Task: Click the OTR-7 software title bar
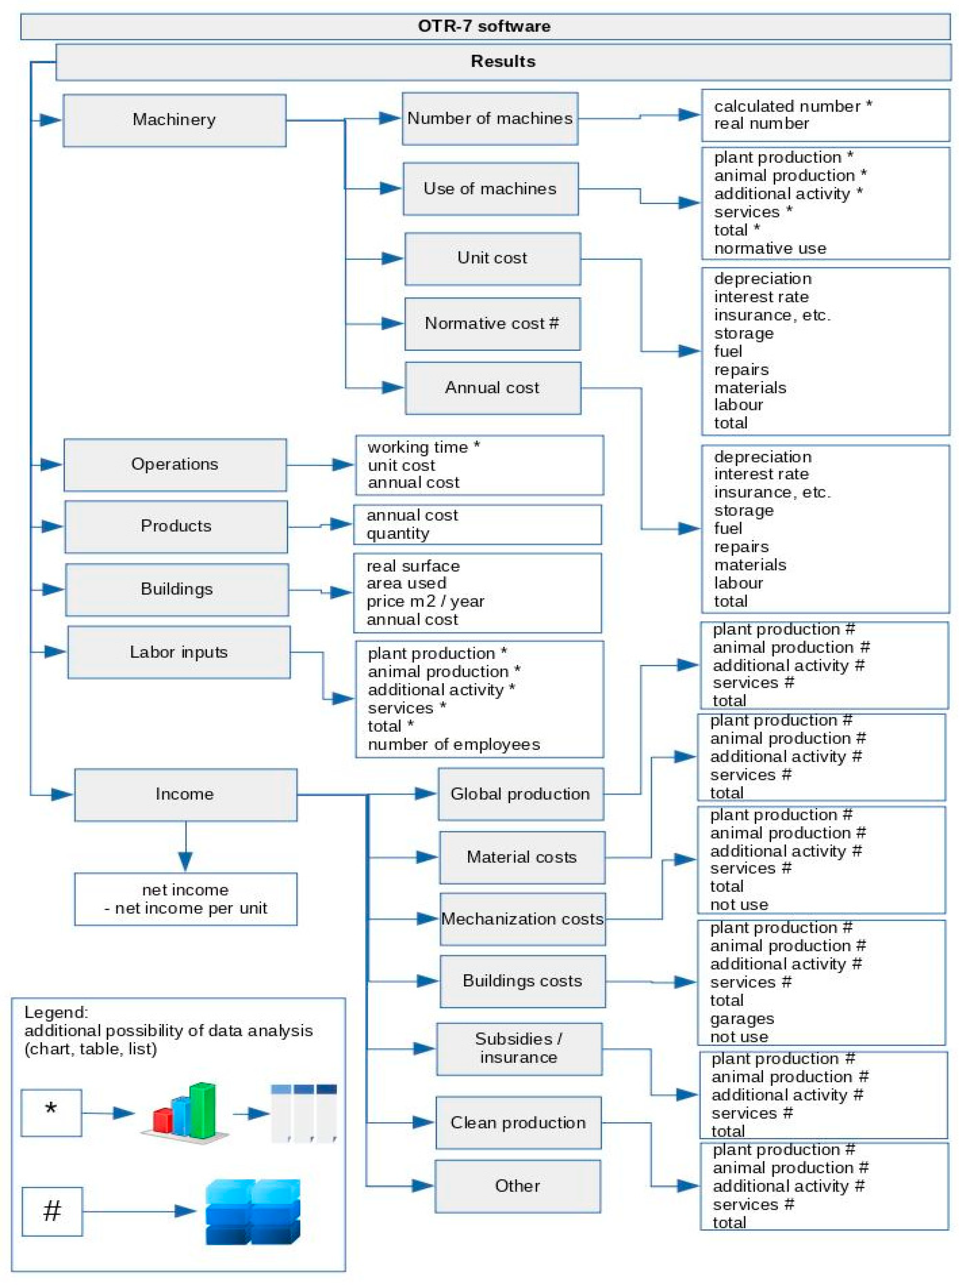point(484,27)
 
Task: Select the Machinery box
point(174,120)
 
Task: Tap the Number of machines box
point(489,119)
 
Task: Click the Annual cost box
point(492,388)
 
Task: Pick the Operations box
point(175,465)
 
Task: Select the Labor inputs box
point(179,652)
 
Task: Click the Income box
point(185,794)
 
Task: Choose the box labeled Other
point(517,1186)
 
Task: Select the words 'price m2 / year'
point(425,601)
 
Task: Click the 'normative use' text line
point(770,248)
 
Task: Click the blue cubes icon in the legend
point(253,1211)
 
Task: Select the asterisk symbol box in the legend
point(51,1112)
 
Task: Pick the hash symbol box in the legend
point(52,1211)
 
